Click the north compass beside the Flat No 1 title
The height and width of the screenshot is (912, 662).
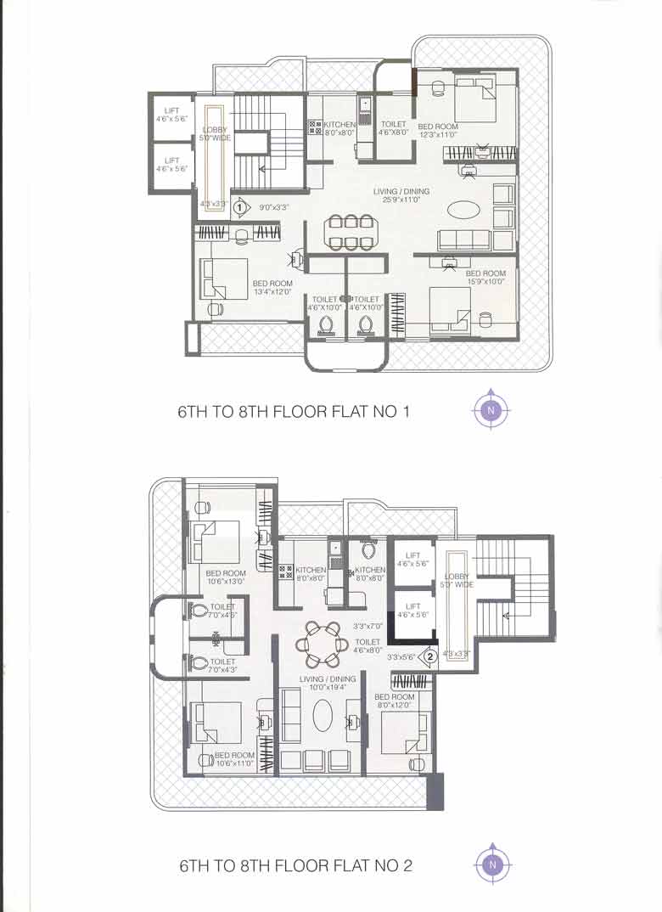click(491, 411)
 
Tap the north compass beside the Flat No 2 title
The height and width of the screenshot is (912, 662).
click(491, 864)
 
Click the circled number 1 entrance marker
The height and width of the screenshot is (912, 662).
click(240, 205)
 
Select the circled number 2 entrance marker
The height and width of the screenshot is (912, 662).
click(430, 656)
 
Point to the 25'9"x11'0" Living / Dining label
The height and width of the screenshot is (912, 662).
click(401, 195)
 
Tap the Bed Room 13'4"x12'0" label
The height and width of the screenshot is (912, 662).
click(272, 287)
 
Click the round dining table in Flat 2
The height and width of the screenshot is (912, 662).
click(321, 643)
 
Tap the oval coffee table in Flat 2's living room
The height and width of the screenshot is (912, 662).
click(323, 715)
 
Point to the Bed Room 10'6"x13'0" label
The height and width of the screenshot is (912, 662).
click(225, 577)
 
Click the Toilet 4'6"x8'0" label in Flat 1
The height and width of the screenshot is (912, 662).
click(394, 128)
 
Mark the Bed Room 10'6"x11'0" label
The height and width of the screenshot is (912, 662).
click(234, 759)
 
